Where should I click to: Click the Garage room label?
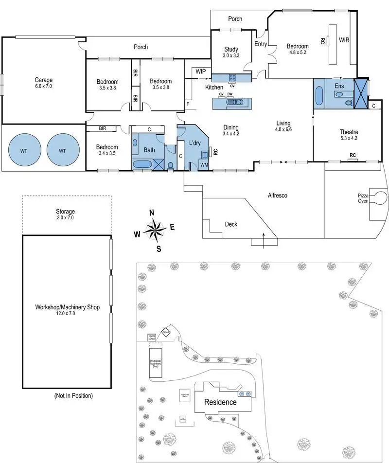click(43, 80)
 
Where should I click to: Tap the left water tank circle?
click(24, 151)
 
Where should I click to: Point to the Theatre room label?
click(349, 132)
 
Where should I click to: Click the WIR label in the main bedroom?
click(344, 40)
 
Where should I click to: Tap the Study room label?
click(231, 49)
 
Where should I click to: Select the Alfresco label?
click(278, 196)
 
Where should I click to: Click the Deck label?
click(231, 224)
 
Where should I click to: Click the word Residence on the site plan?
click(220, 402)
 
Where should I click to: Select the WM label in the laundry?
click(204, 165)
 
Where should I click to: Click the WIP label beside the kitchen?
click(200, 71)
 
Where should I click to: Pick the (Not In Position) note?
click(73, 395)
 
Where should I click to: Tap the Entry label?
click(260, 44)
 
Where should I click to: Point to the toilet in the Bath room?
click(171, 165)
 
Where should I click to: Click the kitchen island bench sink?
click(238, 102)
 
